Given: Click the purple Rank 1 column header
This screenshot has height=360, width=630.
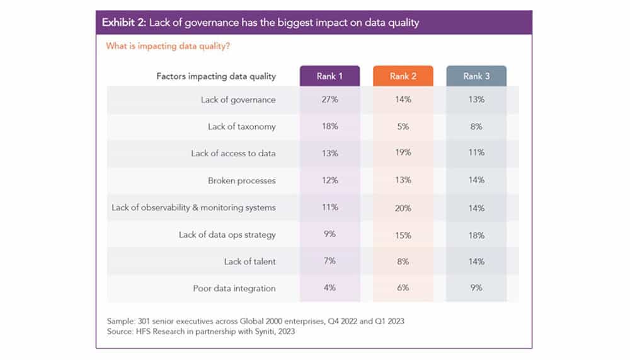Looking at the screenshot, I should (330, 76).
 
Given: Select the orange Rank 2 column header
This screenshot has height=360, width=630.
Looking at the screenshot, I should (403, 76).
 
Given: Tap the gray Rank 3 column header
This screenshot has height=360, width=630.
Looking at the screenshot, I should (476, 76).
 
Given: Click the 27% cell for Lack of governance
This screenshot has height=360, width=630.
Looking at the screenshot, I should (330, 100).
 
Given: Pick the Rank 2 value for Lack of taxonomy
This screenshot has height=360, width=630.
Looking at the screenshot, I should (403, 127).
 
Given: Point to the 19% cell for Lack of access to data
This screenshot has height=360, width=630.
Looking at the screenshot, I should (403, 153).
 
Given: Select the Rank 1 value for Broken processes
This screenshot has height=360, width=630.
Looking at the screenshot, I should (330, 180).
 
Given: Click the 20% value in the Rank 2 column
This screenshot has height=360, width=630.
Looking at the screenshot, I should (403, 208).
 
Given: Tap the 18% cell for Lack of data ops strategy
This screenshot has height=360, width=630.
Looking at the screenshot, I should (476, 235).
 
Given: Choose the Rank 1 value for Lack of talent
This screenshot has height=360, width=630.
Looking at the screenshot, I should (330, 261).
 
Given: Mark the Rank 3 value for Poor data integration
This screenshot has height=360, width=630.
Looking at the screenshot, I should (476, 288).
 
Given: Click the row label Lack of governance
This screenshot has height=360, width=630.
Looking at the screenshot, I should (238, 100).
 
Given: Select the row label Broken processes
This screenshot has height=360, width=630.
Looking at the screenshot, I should (242, 180).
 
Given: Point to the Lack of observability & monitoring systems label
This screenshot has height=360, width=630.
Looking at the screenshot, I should (193, 207).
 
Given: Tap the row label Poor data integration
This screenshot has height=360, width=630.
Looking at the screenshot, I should (234, 288).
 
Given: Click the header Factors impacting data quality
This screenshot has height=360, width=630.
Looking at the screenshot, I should (216, 76).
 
